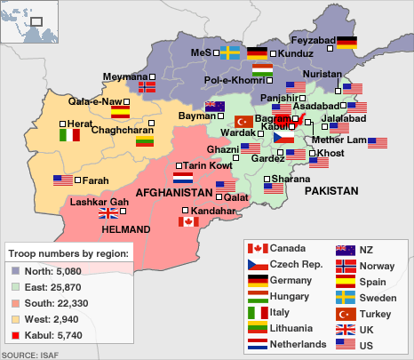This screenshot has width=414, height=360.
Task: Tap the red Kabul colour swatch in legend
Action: (16, 336)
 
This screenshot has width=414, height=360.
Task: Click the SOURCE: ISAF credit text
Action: (26, 355)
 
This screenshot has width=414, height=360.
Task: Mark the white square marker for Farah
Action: (77, 180)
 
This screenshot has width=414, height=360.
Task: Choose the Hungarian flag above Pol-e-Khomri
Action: (262, 68)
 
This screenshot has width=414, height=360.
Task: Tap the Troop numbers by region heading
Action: (68, 254)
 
